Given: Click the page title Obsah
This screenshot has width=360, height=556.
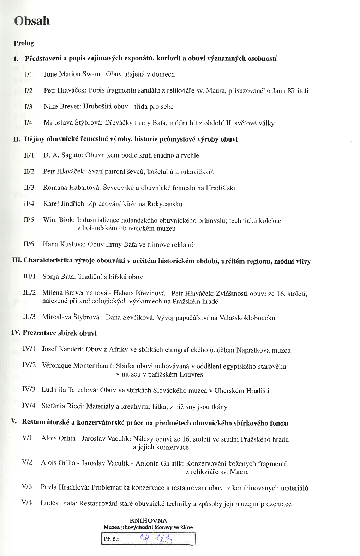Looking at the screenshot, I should [32, 21].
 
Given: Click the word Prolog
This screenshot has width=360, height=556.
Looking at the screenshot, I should [24, 43].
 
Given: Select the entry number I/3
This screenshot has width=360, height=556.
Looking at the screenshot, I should [28, 107].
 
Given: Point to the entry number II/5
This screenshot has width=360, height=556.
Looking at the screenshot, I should [29, 220].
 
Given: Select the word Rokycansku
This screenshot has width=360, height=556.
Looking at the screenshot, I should [165, 204].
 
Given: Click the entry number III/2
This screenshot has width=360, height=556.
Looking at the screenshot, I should [29, 292].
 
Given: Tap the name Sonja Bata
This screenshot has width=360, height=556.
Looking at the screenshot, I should [58, 277].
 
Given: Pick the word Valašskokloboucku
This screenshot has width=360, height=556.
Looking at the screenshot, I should [247, 318].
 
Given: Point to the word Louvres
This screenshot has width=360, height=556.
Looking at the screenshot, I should [191, 374].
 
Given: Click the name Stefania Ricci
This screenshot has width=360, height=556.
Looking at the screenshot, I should [62, 406].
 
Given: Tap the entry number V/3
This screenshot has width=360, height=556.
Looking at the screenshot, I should [27, 487].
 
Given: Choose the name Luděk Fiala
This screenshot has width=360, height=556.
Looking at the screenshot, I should [58, 503].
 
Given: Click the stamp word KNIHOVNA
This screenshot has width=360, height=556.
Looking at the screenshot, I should [148, 521].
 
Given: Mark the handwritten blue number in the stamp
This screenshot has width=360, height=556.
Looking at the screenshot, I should [156, 539].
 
